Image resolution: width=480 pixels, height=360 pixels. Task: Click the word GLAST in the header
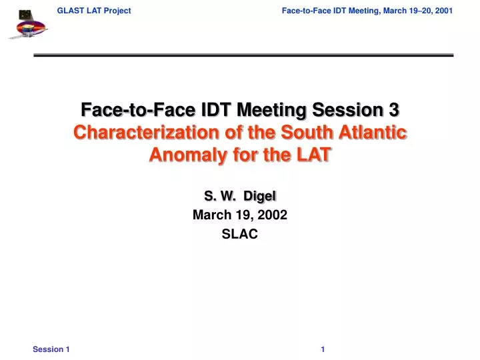tap(69, 11)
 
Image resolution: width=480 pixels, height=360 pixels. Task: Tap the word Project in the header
tap(116, 11)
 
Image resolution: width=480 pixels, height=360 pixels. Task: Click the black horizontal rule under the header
tap(243, 55)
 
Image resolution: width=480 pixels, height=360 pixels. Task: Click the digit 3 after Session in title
tap(394, 109)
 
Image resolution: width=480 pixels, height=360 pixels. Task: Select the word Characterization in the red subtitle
tap(141, 132)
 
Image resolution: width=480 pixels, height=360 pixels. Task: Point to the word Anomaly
tap(181, 155)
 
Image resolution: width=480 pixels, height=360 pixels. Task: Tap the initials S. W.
tap(220, 195)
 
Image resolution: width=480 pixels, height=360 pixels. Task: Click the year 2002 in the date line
tap(273, 215)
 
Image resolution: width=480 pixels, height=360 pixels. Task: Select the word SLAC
tap(240, 234)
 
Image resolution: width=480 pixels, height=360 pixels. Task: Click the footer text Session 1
tap(51, 349)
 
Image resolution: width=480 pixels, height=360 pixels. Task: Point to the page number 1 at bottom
tap(323, 349)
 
